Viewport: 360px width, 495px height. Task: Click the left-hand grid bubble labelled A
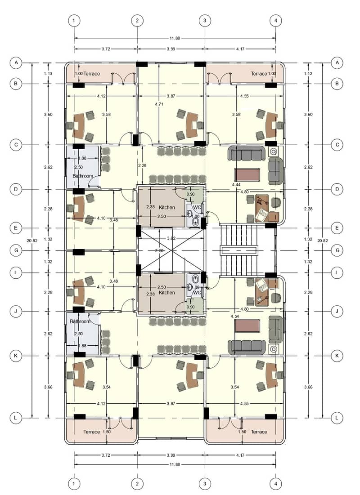click(x=16, y=63)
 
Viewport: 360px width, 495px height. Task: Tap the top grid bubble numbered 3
click(x=205, y=21)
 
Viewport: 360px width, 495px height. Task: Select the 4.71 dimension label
click(x=159, y=104)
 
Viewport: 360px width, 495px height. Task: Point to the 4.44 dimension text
click(x=236, y=184)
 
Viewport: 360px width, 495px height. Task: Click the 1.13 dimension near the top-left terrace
click(x=48, y=74)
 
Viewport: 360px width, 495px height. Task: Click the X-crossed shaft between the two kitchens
click(x=171, y=250)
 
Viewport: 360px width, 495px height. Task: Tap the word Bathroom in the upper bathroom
click(x=83, y=176)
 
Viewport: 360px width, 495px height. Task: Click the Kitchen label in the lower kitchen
click(x=167, y=293)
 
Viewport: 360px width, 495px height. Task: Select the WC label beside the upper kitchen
click(x=197, y=207)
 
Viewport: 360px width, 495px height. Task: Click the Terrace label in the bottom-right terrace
click(x=259, y=432)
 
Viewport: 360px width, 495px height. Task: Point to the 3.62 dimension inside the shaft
click(x=171, y=238)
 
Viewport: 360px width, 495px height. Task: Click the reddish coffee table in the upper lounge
click(x=247, y=175)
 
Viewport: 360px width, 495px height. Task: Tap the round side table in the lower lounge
click(x=274, y=349)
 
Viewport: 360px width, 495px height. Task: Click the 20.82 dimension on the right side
click(x=322, y=241)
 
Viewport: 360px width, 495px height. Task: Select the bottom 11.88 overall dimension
click(x=175, y=464)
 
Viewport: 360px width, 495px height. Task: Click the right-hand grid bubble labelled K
click(x=337, y=356)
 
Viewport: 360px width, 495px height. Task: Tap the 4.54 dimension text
click(x=235, y=316)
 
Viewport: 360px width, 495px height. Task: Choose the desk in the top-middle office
click(x=192, y=125)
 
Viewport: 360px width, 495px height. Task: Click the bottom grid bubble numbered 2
click(x=137, y=484)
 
